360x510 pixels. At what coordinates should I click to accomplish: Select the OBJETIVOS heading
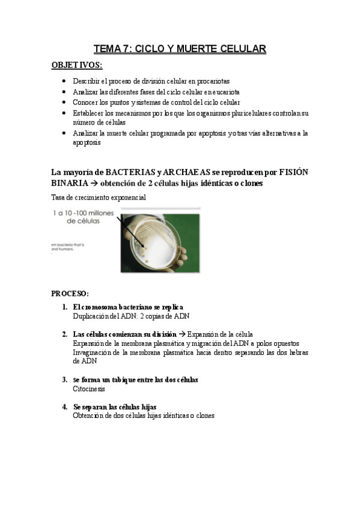(77, 65)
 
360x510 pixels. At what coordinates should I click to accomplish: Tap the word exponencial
(127, 197)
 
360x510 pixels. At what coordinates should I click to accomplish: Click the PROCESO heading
(70, 293)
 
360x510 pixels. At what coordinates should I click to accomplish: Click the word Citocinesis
(88, 389)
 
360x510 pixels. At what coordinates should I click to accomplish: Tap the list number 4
(64, 407)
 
